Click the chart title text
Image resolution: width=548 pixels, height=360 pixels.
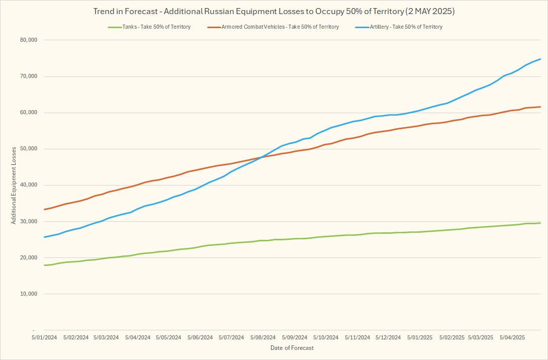274,11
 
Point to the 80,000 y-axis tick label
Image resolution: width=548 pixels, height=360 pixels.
30,40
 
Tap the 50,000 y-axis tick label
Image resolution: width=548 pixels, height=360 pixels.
30,149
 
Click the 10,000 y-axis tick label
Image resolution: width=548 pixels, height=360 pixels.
30,294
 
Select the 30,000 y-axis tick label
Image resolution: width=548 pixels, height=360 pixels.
30,221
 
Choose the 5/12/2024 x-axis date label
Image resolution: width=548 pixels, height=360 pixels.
388,337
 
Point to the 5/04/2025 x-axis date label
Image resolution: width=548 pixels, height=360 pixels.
512,337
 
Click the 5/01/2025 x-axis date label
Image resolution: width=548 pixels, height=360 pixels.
419,337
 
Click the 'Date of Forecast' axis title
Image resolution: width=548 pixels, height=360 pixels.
292,348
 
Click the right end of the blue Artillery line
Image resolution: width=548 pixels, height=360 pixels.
540,59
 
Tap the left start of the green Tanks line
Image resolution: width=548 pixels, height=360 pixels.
45,265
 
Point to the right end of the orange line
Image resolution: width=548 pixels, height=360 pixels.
540,107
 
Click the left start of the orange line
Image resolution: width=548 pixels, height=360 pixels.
45,209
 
